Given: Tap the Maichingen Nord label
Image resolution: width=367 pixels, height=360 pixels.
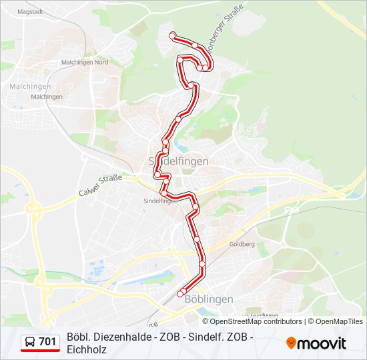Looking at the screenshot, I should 85,63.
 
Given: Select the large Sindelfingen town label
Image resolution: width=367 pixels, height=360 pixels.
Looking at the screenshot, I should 178,161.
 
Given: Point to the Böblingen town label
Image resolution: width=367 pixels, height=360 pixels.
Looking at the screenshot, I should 208,299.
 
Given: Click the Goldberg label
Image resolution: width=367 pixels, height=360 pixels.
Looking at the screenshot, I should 242,245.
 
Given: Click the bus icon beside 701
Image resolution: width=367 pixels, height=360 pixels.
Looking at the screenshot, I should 30,342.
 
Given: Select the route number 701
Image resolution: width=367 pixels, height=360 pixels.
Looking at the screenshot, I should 47,342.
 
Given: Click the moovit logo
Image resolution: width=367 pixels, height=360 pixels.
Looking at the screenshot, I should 316,343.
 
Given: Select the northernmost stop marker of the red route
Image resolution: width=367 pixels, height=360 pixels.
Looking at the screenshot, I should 173,35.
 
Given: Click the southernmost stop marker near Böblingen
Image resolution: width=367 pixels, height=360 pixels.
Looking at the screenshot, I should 180,293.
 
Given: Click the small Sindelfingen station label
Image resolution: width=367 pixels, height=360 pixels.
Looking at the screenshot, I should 160,200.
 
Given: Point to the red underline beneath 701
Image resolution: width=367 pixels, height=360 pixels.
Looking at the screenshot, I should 40,351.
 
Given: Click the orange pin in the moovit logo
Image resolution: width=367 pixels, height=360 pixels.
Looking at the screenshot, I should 291,343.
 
